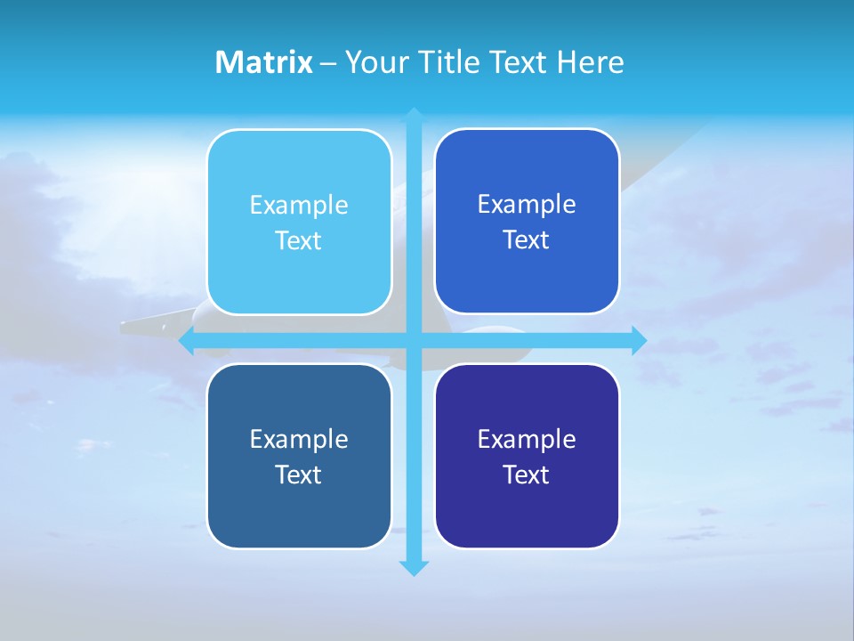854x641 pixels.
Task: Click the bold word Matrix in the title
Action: (263, 62)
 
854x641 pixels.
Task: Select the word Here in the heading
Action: (590, 62)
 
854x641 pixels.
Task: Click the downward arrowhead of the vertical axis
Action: (414, 568)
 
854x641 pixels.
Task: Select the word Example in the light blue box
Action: (299, 206)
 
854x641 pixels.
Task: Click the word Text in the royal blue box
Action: (527, 240)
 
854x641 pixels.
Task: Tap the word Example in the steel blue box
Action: (299, 440)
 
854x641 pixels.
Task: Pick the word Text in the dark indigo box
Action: (527, 475)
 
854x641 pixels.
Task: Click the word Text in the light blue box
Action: (299, 241)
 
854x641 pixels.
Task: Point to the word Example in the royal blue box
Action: (527, 205)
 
